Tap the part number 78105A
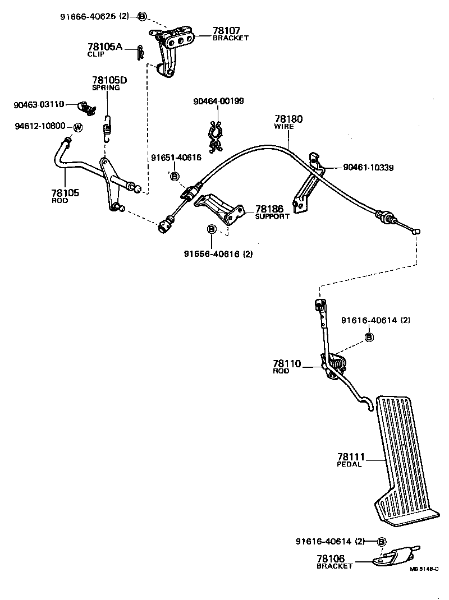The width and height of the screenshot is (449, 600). click(105, 47)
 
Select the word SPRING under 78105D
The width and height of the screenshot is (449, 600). click(106, 88)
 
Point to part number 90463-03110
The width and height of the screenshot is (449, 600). click(39, 104)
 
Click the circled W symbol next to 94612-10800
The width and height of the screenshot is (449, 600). click(78, 127)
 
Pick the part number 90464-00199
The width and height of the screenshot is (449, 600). click(218, 101)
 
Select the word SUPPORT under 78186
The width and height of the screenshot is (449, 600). click(272, 216)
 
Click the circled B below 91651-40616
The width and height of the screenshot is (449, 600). click(175, 177)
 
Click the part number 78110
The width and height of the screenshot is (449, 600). click(287, 364)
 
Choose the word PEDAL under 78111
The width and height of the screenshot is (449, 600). click(349, 464)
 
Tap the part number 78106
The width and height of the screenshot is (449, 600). click(331, 559)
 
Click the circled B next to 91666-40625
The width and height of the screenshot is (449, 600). click(142, 16)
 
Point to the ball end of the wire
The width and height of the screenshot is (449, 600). click(417, 231)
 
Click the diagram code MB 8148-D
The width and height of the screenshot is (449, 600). click(424, 569)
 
